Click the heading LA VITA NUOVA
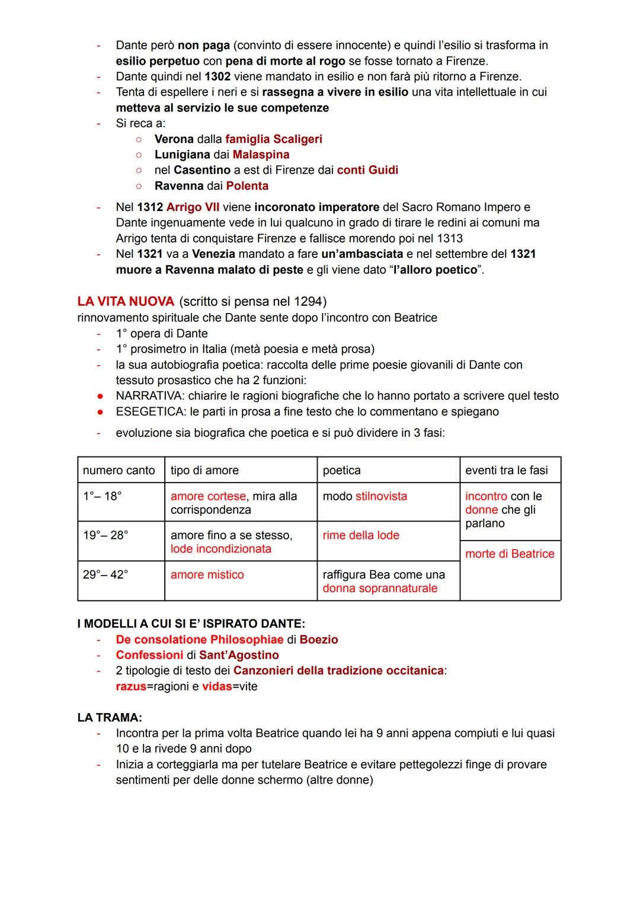(x=126, y=301)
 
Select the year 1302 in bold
(x=217, y=76)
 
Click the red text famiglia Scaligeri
(x=274, y=139)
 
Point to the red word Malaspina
(x=261, y=155)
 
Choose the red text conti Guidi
(x=367, y=170)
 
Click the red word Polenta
(x=247, y=186)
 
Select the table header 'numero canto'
(x=119, y=471)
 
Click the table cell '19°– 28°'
(x=105, y=535)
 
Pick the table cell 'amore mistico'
(x=207, y=575)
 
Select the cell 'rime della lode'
(x=361, y=535)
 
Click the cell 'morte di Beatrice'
(x=510, y=554)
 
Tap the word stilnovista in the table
(x=381, y=496)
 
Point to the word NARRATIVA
(x=148, y=396)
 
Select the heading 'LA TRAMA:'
(x=110, y=718)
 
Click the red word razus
(x=130, y=686)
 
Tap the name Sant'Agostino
(x=239, y=655)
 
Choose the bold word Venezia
(x=213, y=254)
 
